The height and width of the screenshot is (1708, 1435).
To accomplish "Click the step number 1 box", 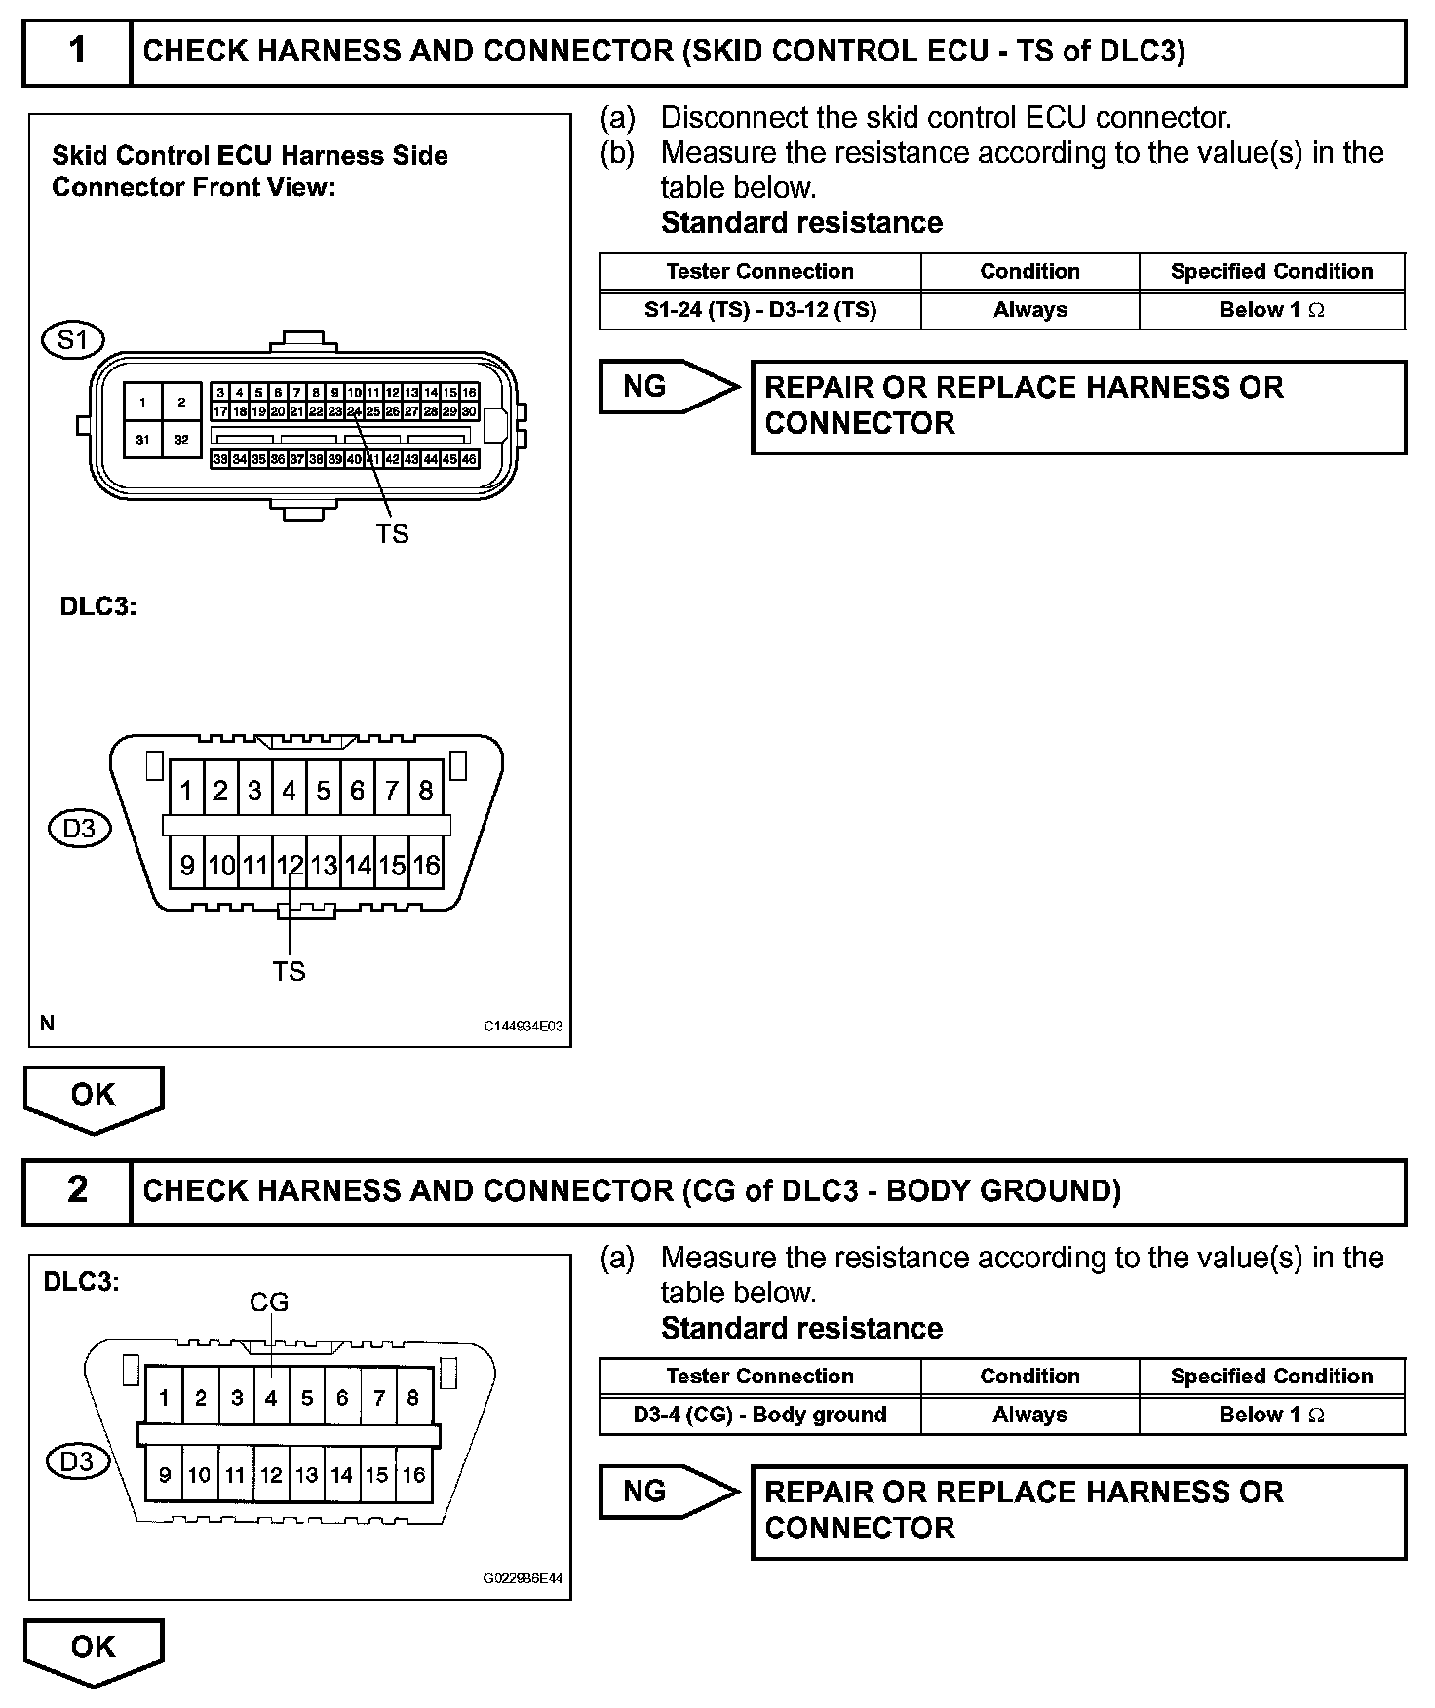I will tap(77, 52).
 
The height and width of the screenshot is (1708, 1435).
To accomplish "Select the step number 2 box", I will tap(77, 1190).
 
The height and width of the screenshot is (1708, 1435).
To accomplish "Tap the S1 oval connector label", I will tap(73, 340).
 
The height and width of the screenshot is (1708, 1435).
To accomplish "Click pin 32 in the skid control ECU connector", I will tap(181, 440).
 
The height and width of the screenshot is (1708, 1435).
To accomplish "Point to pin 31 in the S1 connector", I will tap(142, 440).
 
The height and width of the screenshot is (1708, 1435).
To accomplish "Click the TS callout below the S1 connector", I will tap(393, 534).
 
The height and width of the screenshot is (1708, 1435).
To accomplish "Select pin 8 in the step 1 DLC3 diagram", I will tap(426, 791).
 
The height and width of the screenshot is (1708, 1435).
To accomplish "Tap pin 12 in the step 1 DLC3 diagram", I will tap(290, 865).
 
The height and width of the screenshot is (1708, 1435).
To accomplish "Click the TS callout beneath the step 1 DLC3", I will tap(290, 971).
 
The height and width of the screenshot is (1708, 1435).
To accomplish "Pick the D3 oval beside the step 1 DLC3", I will tap(80, 829).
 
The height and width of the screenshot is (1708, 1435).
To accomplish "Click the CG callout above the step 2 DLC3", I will tap(269, 1302).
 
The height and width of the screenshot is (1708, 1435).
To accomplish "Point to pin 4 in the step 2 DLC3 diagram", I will tap(271, 1398).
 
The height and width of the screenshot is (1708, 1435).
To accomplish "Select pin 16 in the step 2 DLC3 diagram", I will tap(413, 1475).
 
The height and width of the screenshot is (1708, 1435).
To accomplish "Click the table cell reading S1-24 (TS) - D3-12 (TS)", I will tap(759, 310).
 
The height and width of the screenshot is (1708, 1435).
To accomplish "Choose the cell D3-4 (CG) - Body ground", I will tap(759, 1415).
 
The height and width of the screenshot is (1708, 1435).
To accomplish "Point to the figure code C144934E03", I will tap(524, 1027).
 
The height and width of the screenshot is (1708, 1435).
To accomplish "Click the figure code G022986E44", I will tap(524, 1578).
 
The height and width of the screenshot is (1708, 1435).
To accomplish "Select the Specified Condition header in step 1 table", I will tap(1271, 272).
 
